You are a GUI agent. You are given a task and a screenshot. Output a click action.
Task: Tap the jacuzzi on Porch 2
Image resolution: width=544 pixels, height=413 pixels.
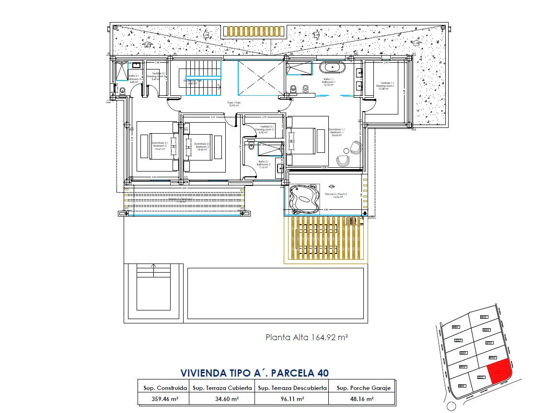point(303,198)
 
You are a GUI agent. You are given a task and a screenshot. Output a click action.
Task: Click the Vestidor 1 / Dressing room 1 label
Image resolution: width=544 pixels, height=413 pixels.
point(386,86)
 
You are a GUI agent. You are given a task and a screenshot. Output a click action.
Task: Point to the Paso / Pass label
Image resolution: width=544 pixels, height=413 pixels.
point(233,104)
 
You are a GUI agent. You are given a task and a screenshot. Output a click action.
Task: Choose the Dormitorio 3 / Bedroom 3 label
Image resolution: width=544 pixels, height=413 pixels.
point(160,146)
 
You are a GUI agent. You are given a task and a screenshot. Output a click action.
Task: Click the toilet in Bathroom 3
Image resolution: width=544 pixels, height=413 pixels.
point(123,90)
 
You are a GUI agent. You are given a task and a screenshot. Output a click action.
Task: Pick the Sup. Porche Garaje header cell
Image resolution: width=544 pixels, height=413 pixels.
point(364,388)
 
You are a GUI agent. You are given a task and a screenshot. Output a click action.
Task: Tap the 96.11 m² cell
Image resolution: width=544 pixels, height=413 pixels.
point(292,398)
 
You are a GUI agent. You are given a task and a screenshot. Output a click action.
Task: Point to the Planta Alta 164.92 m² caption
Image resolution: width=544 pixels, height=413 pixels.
point(307,337)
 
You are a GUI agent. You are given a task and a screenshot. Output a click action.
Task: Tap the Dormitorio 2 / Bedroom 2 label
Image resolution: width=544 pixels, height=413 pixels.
point(202,146)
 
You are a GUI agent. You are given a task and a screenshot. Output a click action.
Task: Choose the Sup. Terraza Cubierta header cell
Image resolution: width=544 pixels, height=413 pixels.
point(222,388)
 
